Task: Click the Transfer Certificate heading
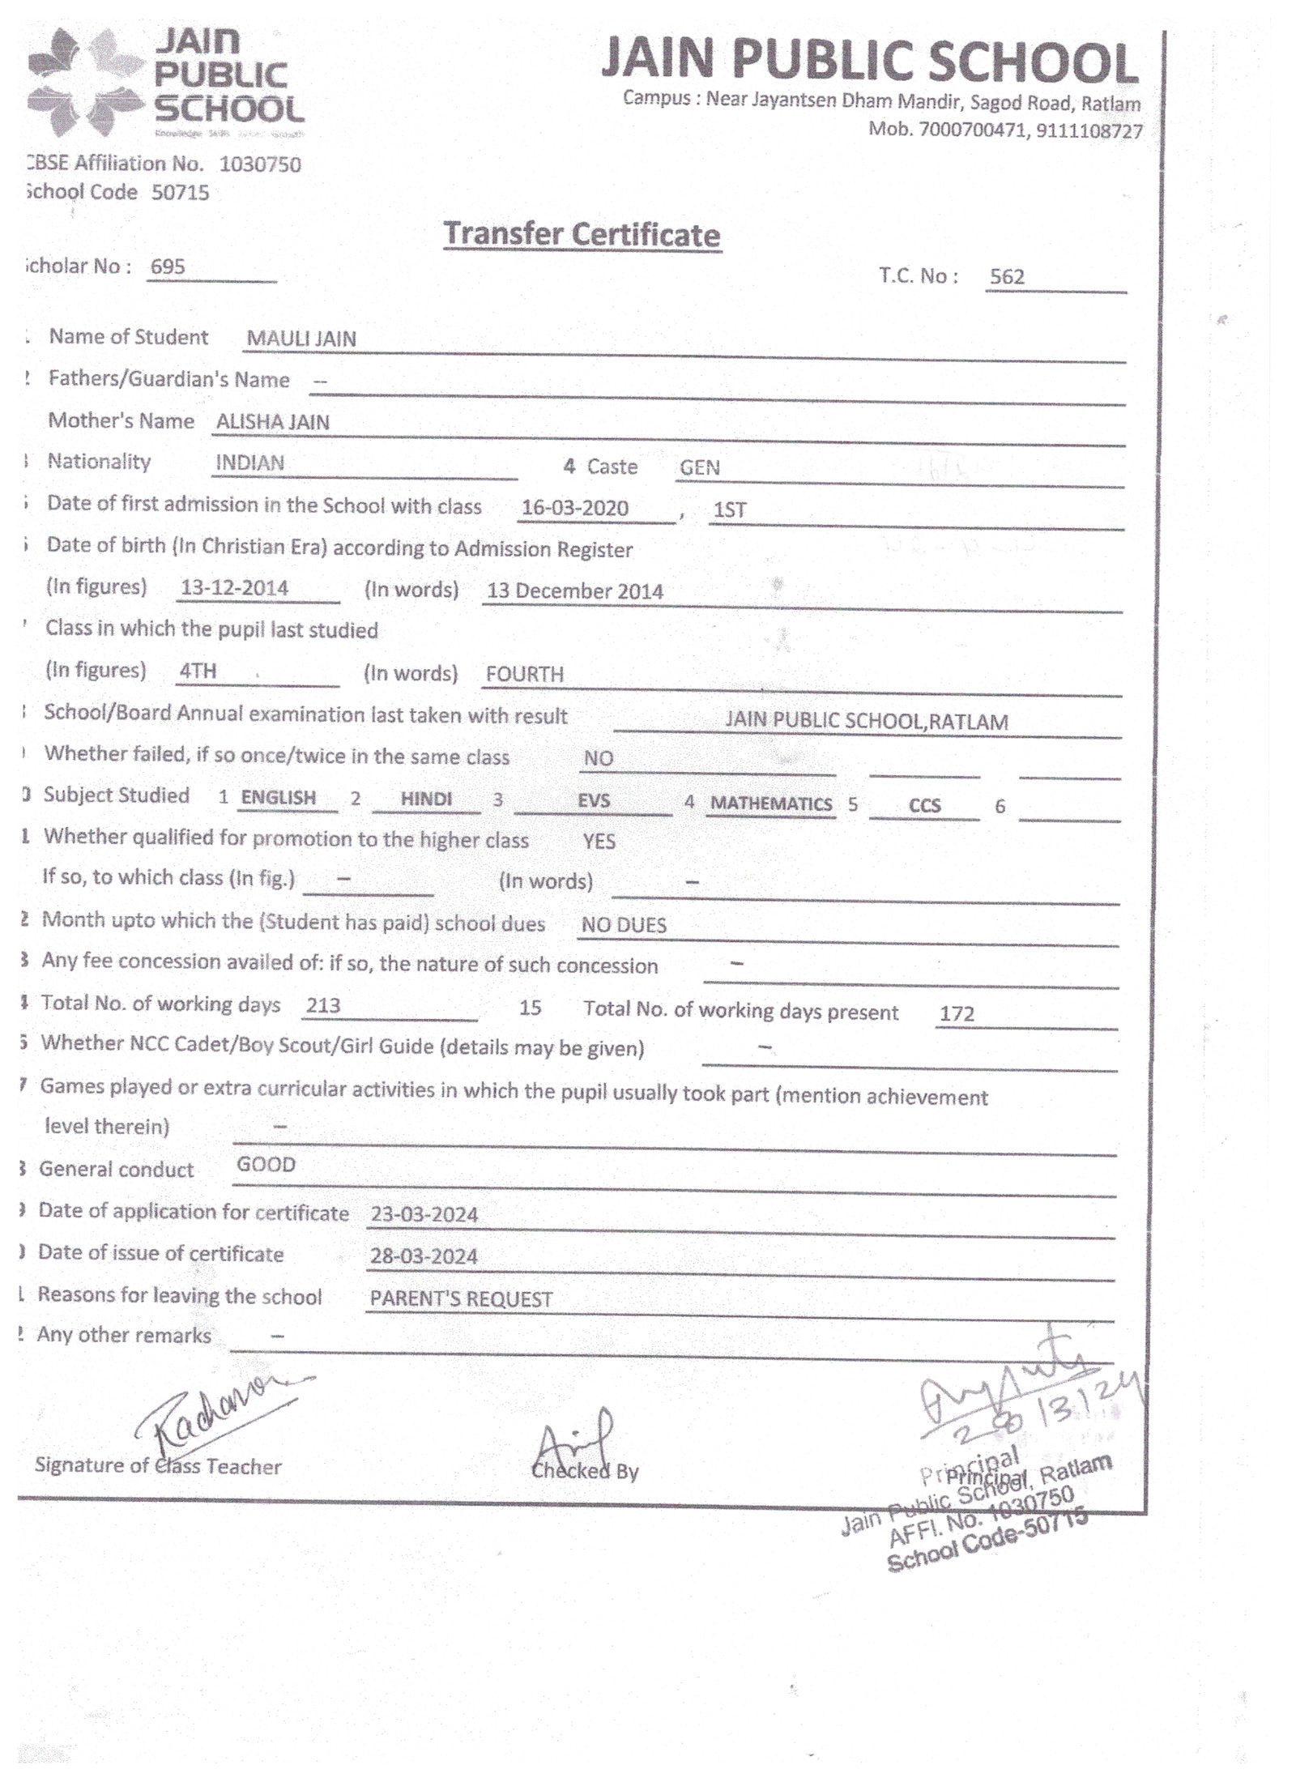pos(582,235)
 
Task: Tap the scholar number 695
pos(168,266)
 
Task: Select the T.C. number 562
pos(1007,277)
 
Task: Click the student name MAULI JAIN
pos(301,339)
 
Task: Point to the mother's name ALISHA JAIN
pos(272,422)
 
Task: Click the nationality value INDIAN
pos(249,463)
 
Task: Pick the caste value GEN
pos(699,467)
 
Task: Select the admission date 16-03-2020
pos(574,508)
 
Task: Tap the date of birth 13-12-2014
pos(234,587)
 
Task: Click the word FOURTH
pos(524,674)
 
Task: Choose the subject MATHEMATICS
pos(770,804)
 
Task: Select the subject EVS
pos(593,800)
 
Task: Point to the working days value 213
pos(323,1005)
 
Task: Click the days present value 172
pos(957,1013)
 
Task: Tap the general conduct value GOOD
pos(266,1165)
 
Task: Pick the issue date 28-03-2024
pos(424,1256)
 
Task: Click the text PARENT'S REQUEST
pos(461,1299)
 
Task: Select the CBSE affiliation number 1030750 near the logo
pos(260,165)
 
